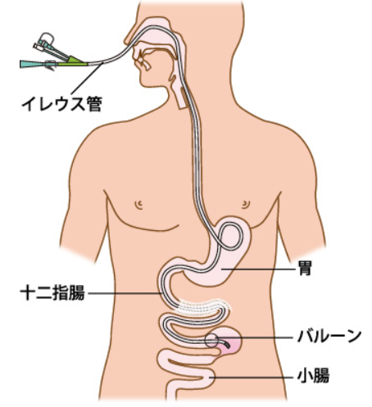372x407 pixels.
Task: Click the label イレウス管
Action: click(x=61, y=104)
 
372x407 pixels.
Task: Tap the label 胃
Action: click(x=305, y=269)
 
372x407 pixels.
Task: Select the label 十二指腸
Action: click(x=52, y=292)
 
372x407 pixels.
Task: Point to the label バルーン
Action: click(x=329, y=336)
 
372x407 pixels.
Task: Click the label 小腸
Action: click(x=313, y=375)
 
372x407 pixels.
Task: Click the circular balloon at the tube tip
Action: click(x=212, y=341)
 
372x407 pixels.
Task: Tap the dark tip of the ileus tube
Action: click(x=226, y=345)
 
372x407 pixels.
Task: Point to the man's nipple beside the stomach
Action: click(x=246, y=204)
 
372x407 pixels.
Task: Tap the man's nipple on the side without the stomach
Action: click(x=139, y=204)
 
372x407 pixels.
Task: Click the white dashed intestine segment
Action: click(x=203, y=308)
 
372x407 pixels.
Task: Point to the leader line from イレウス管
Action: click(x=87, y=78)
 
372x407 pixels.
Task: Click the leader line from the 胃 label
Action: click(x=259, y=269)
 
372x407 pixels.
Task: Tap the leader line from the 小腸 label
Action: click(x=252, y=378)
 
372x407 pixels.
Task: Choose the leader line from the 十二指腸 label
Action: click(x=125, y=293)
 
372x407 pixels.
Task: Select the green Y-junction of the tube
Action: click(x=73, y=61)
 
